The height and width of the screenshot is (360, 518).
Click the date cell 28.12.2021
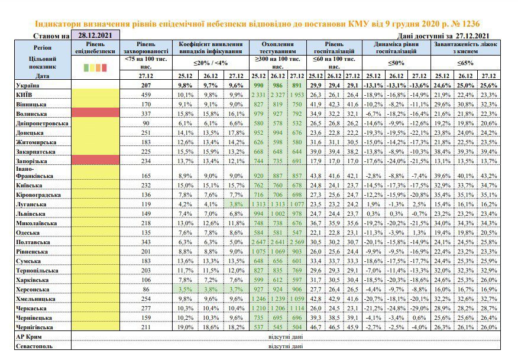[95, 35]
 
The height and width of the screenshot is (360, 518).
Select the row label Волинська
[31, 114]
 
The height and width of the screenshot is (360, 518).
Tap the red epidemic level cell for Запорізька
[95, 161]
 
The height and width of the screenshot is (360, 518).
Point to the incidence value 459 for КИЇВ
[146, 95]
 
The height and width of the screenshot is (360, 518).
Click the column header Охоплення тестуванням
[277, 47]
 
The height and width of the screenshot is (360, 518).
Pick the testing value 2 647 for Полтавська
[258, 242]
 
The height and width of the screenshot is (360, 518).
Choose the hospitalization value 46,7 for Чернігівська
[316, 327]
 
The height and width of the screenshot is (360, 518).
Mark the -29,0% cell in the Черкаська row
[419, 309]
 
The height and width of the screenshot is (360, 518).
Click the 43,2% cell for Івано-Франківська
[488, 176]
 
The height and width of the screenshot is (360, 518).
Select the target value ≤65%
[465, 63]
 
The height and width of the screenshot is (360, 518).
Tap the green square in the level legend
[86, 68]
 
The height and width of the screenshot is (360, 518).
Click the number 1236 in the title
[471, 24]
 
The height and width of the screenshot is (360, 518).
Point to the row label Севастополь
[34, 346]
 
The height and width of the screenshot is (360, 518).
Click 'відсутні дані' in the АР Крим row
[286, 337]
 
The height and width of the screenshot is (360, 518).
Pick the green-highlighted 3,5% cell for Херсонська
[185, 289]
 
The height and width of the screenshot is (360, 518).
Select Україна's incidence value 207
[146, 85]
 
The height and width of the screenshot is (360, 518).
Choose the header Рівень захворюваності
[145, 47]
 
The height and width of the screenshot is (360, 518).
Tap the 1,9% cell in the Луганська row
[373, 204]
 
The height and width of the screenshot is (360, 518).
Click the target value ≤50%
[396, 63]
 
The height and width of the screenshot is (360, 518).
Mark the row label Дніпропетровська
[42, 124]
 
